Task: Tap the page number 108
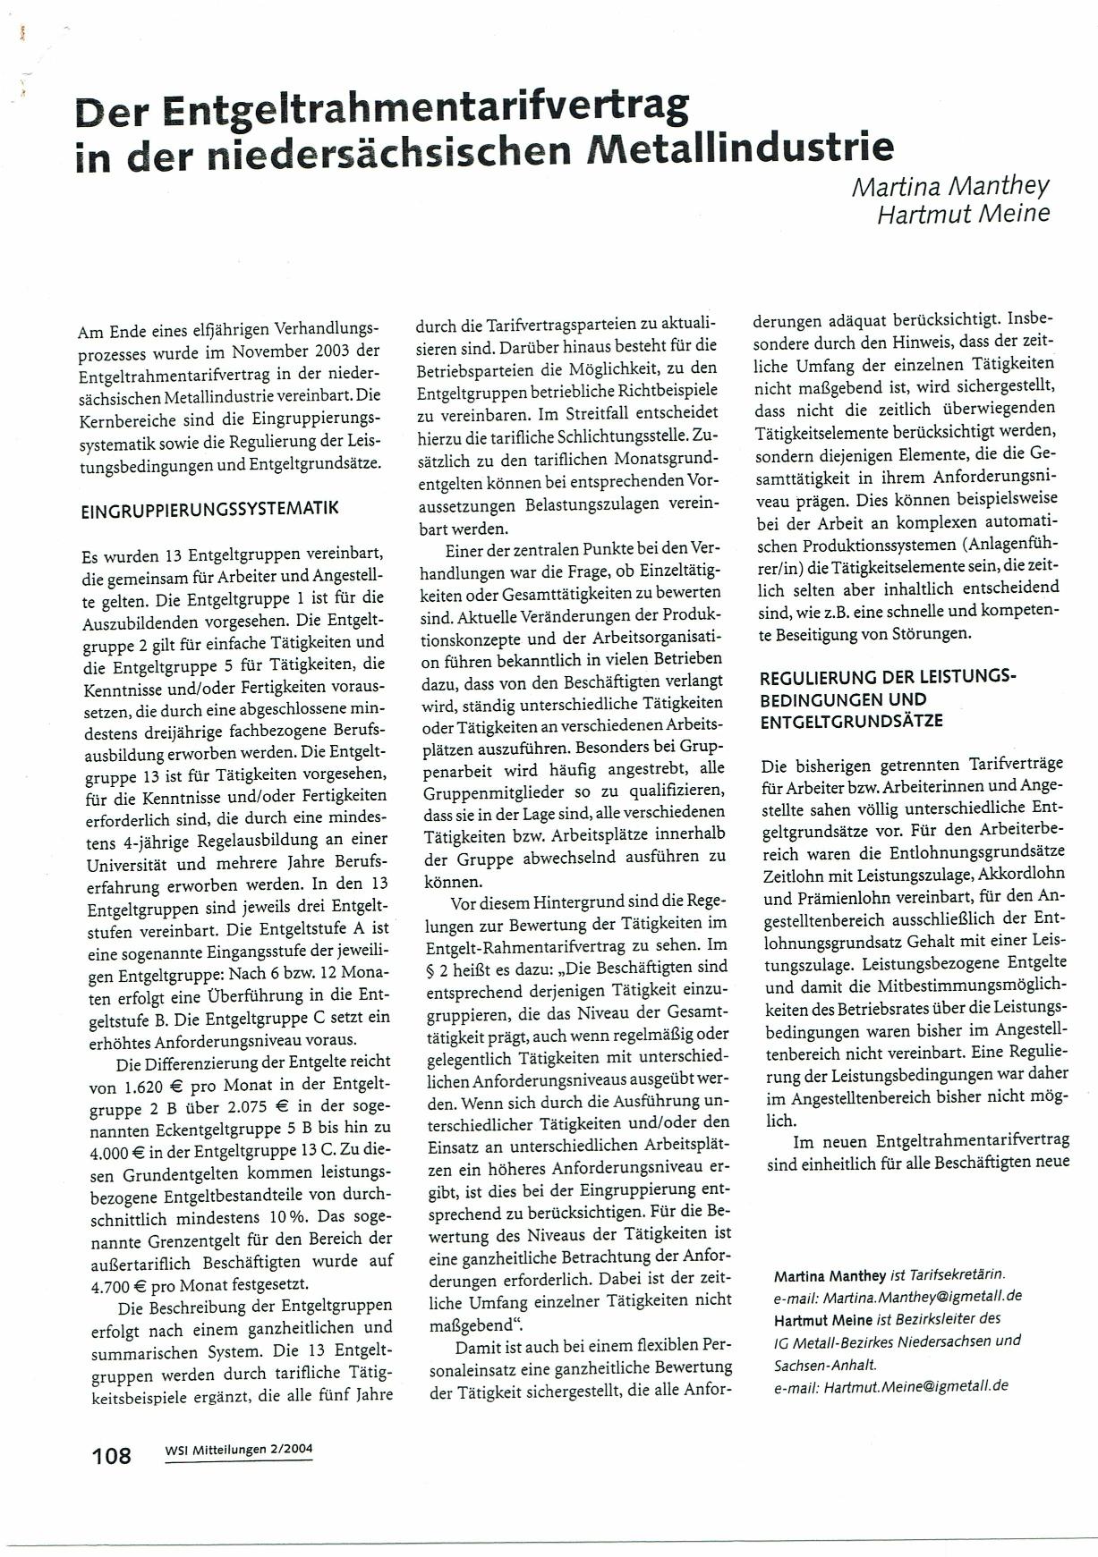tap(112, 1456)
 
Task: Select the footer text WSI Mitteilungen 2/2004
tap(239, 1451)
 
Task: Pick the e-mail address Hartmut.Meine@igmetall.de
tap(915, 1386)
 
